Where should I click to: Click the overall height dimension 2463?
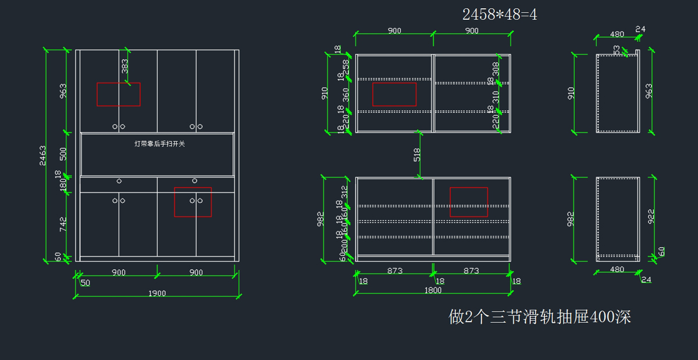[44, 155]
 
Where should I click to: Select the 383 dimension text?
[125, 66]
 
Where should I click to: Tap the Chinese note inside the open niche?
[159, 144]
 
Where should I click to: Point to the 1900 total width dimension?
[156, 293]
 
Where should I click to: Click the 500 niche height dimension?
[63, 154]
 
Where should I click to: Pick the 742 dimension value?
[63, 224]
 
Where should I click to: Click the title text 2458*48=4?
[500, 15]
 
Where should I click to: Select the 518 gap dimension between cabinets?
[416, 155]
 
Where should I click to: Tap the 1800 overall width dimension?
[433, 290]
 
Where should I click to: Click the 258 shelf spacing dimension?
[346, 66]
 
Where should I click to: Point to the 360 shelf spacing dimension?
[346, 95]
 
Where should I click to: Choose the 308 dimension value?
[496, 69]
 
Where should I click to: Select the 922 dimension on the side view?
[651, 216]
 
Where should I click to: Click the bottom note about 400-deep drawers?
[540, 317]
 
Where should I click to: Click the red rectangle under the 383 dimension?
[119, 94]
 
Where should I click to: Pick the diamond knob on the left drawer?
[119, 181]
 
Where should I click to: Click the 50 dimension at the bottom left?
[86, 283]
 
